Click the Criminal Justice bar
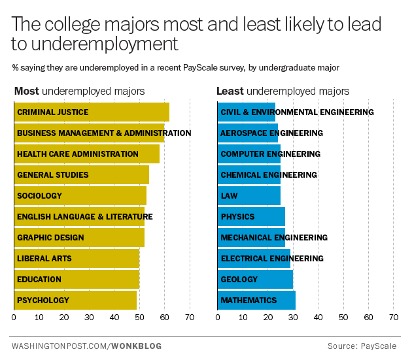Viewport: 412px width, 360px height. [x=92, y=112]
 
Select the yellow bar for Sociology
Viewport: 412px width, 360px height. [x=80, y=196]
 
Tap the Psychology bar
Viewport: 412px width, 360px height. [x=75, y=301]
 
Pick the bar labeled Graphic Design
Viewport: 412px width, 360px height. [x=79, y=238]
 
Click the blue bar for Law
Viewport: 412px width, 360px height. [x=249, y=196]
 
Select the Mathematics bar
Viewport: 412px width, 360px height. [x=256, y=301]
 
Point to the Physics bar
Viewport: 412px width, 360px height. [x=250, y=217]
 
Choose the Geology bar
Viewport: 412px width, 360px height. [x=254, y=280]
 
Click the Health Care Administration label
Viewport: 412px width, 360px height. [x=78, y=154]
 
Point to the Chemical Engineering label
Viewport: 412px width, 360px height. [x=269, y=175]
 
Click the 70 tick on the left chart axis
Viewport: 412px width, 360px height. [x=190, y=318]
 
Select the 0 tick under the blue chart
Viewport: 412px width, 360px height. [x=217, y=318]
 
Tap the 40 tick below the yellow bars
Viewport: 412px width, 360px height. [x=114, y=318]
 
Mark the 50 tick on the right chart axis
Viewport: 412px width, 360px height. [x=343, y=318]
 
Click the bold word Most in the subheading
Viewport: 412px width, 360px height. [x=26, y=91]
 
